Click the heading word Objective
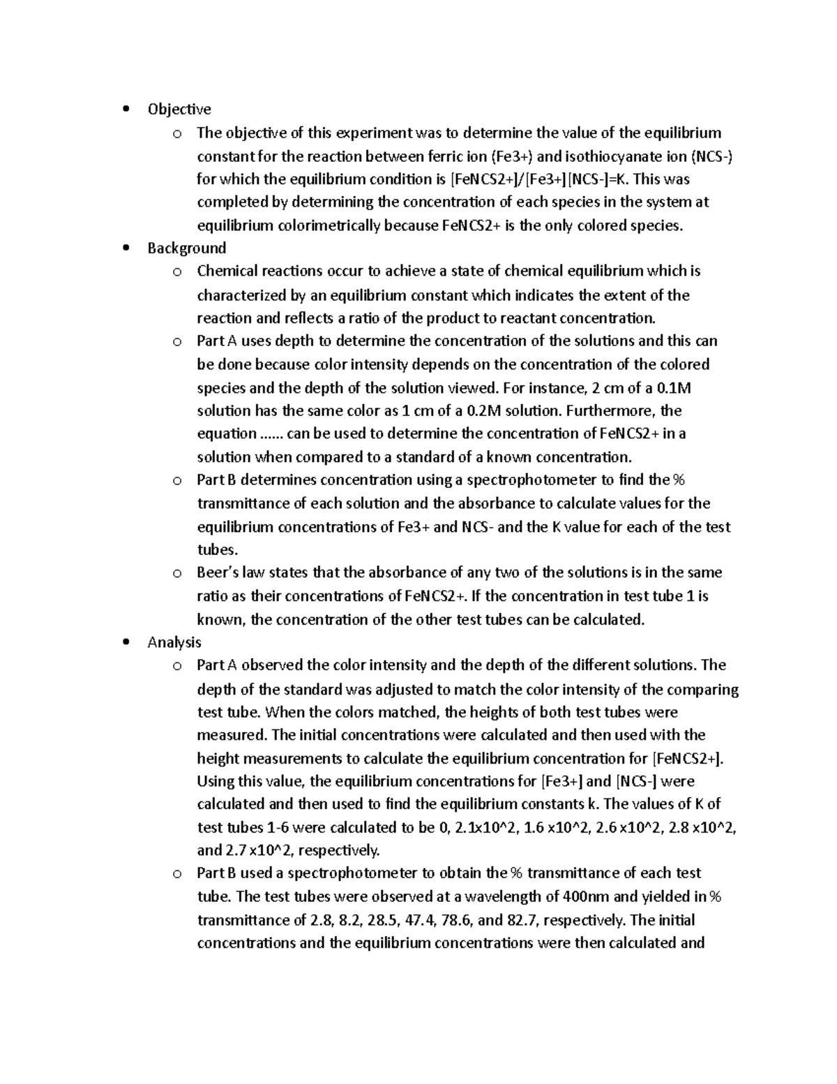pos(179,109)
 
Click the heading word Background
pos(186,248)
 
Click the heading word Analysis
pos(174,642)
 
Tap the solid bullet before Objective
pos(126,109)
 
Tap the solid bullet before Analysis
pos(126,642)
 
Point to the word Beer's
pos(218,572)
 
